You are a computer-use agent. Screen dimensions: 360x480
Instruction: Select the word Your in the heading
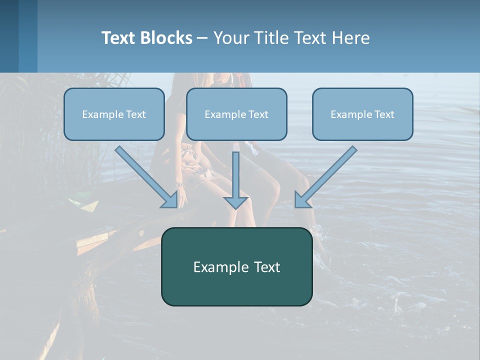click(x=232, y=38)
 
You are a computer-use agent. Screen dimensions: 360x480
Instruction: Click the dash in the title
click(x=202, y=38)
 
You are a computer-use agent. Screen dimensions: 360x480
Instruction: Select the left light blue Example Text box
click(x=114, y=114)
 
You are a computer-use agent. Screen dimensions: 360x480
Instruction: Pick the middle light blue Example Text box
click(x=236, y=114)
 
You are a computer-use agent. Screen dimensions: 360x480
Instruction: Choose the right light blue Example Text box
click(x=362, y=114)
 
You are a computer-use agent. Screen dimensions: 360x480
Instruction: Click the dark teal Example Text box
click(x=236, y=267)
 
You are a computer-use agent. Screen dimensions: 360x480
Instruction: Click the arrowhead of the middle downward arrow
click(x=235, y=202)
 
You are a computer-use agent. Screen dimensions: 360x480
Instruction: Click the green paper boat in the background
click(x=84, y=204)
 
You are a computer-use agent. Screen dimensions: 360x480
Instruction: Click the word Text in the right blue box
click(x=384, y=114)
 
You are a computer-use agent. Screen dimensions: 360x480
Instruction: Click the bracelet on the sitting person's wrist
click(x=180, y=185)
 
